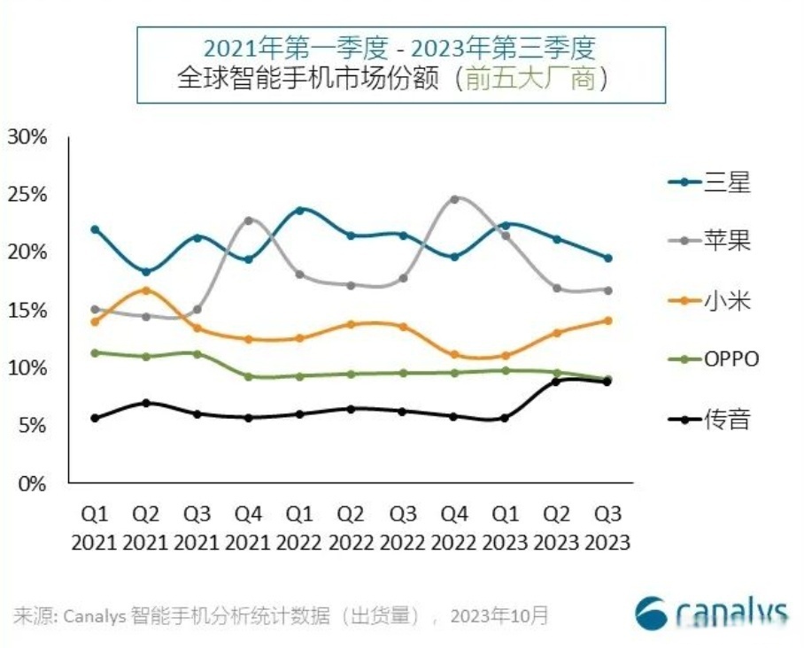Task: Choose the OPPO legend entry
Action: tap(714, 359)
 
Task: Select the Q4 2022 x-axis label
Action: tap(454, 528)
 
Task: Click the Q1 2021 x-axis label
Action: tap(95, 528)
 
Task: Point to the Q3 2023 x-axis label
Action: tap(607, 528)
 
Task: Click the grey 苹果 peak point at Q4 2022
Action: tap(454, 199)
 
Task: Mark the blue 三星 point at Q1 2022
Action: tap(300, 211)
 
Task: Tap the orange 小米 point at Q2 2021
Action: tap(146, 289)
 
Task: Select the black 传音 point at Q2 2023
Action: tap(556, 381)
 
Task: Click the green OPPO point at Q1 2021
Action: tap(95, 352)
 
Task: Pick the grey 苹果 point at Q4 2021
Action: tap(249, 220)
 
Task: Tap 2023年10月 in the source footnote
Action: tap(499, 614)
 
